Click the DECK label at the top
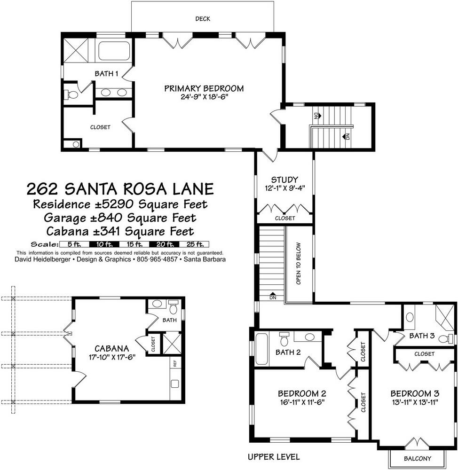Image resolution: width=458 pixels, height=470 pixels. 203,19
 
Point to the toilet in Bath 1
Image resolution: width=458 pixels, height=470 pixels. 72,94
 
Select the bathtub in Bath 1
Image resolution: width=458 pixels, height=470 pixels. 115,50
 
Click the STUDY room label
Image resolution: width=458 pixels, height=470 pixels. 284,180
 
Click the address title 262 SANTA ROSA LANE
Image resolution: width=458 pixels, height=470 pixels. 120,189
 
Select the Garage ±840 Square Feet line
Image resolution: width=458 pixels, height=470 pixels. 120,218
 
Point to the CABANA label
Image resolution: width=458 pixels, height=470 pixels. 111,348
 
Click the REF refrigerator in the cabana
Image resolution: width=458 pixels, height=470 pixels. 174,363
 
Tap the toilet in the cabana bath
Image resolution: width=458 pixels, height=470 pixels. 173,307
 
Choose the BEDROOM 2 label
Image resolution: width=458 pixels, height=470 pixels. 302,393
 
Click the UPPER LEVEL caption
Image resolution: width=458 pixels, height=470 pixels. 274,456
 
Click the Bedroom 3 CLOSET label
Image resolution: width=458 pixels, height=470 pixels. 424,354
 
